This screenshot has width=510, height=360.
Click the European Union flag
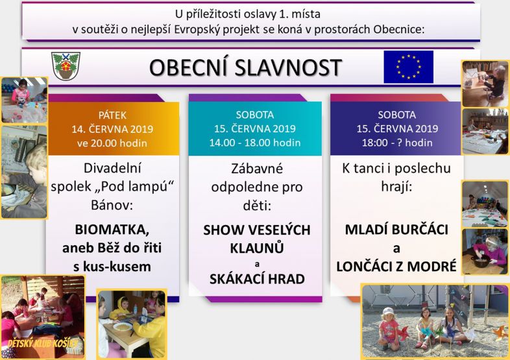[408, 67]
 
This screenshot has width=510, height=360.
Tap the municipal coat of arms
[66, 66]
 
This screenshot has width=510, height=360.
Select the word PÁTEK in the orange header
[112, 115]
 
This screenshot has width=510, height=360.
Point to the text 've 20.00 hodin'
[112, 143]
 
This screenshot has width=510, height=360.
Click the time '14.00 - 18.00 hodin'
[254, 143]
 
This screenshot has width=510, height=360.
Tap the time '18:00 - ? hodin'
[396, 143]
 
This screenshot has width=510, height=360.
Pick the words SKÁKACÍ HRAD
[257, 279]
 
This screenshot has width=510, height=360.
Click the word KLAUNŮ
[257, 248]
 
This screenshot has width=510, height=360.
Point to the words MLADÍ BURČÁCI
[396, 230]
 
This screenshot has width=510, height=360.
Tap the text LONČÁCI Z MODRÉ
[396, 266]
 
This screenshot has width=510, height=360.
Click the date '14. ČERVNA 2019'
[112, 128]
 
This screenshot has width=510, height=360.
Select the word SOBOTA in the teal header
[254, 115]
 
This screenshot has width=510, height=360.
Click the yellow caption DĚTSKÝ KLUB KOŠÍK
[40, 342]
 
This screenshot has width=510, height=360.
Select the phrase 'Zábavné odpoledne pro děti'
[257, 186]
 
